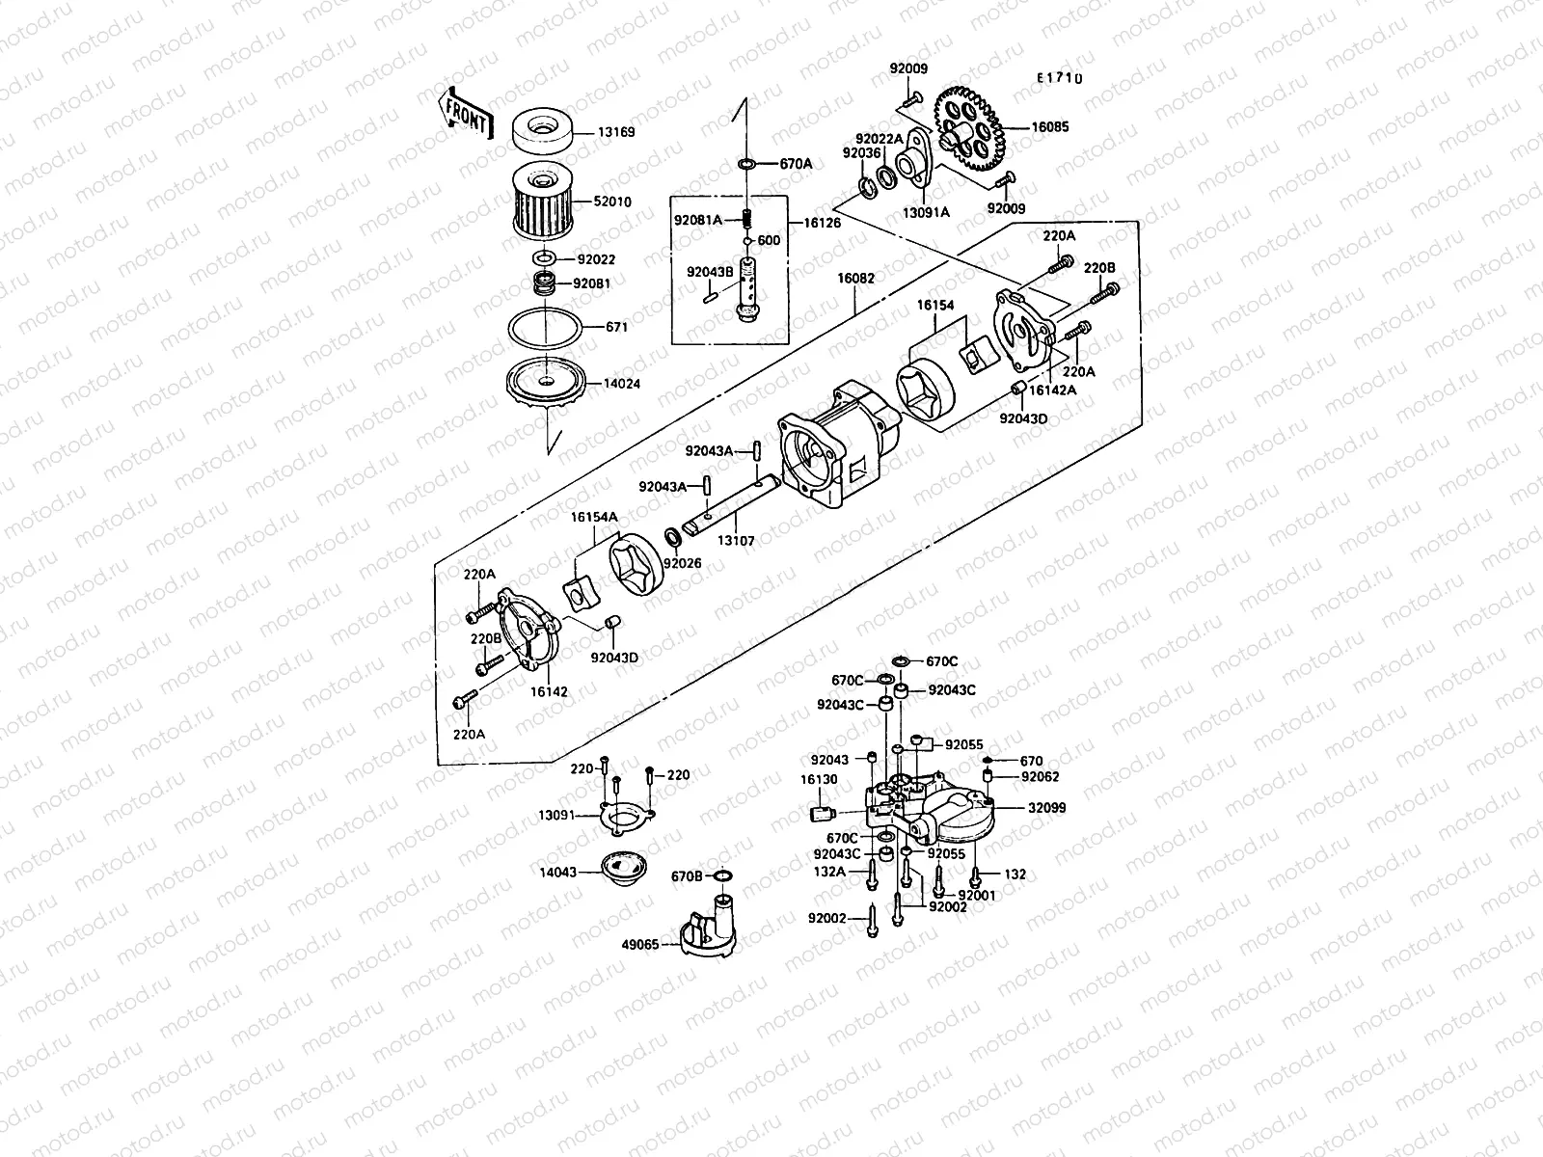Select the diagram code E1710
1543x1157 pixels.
tap(1060, 78)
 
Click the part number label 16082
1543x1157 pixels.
tap(855, 279)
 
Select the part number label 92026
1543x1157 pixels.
tap(682, 563)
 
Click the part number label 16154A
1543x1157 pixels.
tap(593, 518)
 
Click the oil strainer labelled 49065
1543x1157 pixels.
tap(710, 928)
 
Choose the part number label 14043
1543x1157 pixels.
tap(557, 872)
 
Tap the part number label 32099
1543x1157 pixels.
tap(1046, 808)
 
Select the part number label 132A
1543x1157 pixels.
tap(829, 871)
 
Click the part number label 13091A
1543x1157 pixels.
tap(925, 211)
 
